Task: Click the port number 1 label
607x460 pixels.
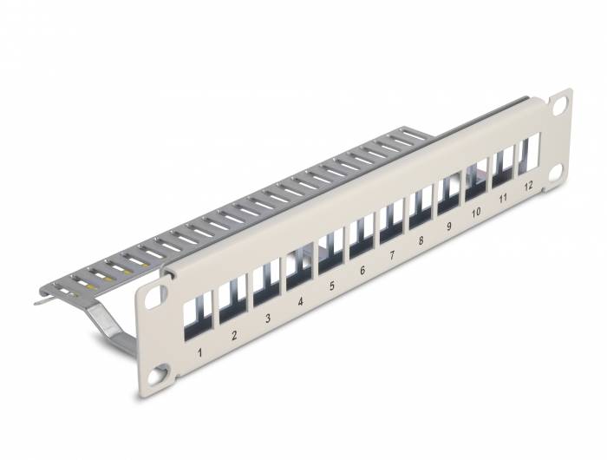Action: pos(200,352)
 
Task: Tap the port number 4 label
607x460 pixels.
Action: pos(300,302)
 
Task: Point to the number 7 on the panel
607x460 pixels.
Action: pos(392,256)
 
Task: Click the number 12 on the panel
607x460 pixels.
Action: pos(527,187)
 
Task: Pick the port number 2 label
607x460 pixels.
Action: pos(234,335)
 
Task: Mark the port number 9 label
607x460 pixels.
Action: pos(448,227)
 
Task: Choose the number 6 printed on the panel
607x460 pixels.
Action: pos(362,271)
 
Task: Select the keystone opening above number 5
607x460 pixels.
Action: pos(330,252)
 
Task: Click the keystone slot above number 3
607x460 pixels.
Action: pos(265,286)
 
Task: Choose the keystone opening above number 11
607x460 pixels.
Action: pos(502,167)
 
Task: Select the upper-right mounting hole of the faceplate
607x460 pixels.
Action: pos(560,103)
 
